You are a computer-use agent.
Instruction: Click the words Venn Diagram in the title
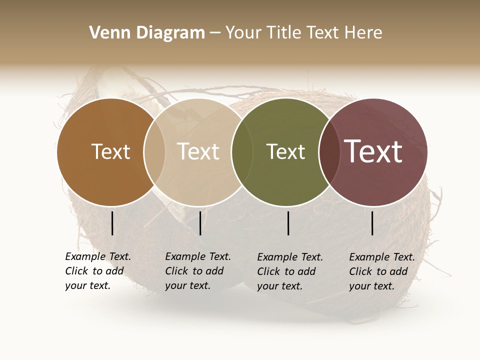[147, 33]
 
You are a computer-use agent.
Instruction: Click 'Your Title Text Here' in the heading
[303, 33]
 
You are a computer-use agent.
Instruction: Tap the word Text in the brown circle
[110, 151]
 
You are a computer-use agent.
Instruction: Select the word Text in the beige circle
[198, 151]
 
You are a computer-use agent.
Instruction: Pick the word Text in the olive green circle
[285, 151]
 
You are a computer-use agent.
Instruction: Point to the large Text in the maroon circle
[373, 151]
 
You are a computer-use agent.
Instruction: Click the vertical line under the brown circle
[112, 223]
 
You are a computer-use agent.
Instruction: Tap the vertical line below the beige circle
[200, 223]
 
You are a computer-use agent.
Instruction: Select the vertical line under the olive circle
[288, 223]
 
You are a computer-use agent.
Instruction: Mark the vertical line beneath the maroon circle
[372, 223]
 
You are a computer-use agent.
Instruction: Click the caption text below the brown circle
[97, 271]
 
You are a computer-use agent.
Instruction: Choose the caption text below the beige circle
[197, 271]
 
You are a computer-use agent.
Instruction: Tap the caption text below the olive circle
[289, 271]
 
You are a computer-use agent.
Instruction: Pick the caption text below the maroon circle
[381, 271]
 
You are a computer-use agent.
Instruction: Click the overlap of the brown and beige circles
[154, 151]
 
